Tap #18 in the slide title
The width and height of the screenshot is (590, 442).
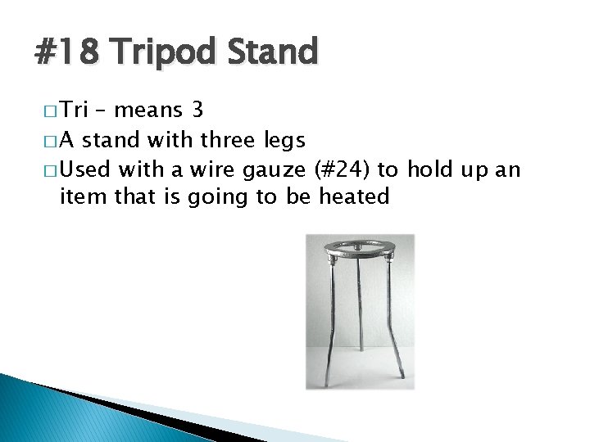pyautogui.click(x=66, y=52)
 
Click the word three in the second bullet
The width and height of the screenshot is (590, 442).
pyautogui.click(x=219, y=141)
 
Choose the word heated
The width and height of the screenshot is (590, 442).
pyautogui.click(x=354, y=196)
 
